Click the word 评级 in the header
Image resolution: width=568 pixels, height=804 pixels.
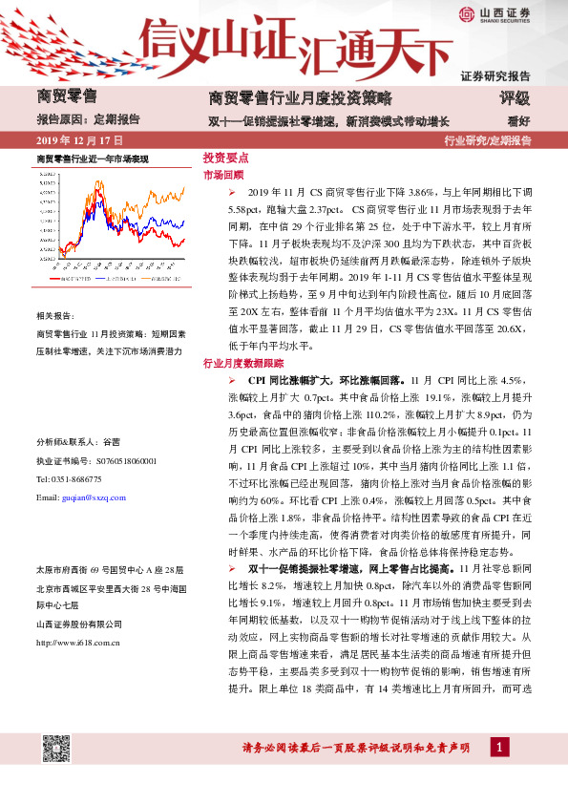[515, 97]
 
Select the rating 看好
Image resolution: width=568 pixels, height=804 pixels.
[518, 120]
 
